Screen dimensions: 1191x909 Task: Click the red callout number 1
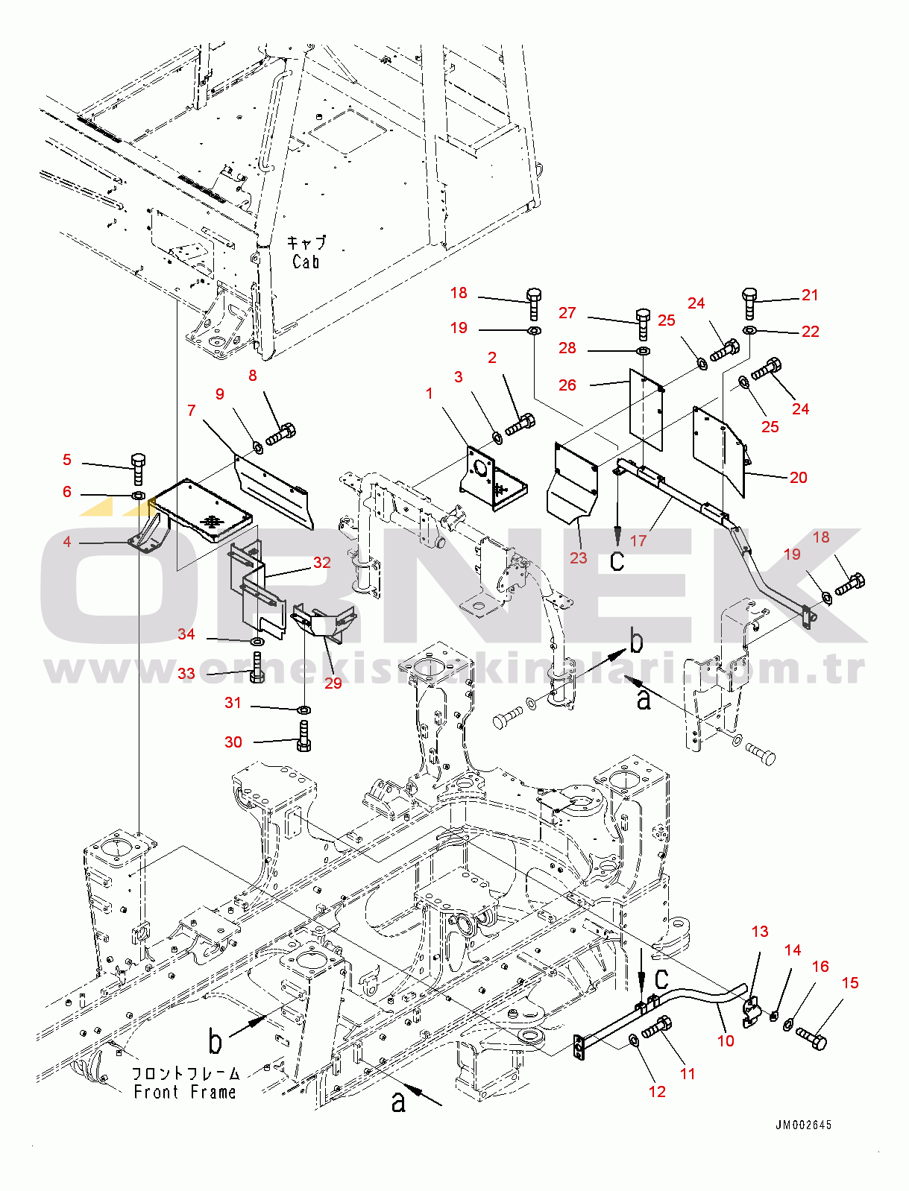pos(429,394)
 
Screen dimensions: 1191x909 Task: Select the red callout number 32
pos(321,563)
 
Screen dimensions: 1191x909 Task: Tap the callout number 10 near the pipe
pos(726,1040)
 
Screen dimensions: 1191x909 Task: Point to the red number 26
pos(567,385)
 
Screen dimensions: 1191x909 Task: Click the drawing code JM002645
pos(803,1125)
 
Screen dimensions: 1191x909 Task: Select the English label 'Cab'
pos(306,262)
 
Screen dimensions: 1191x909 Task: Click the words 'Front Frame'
pos(185,1092)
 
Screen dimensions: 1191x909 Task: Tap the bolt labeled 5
pos(139,468)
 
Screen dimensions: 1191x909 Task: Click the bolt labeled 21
pos(750,303)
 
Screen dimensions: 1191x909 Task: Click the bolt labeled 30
pos(303,736)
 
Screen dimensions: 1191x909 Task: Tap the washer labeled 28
pos(642,350)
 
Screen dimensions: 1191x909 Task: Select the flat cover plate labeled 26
pos(646,410)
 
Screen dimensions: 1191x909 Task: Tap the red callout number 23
pos(579,557)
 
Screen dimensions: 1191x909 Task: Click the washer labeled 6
pos(139,496)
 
